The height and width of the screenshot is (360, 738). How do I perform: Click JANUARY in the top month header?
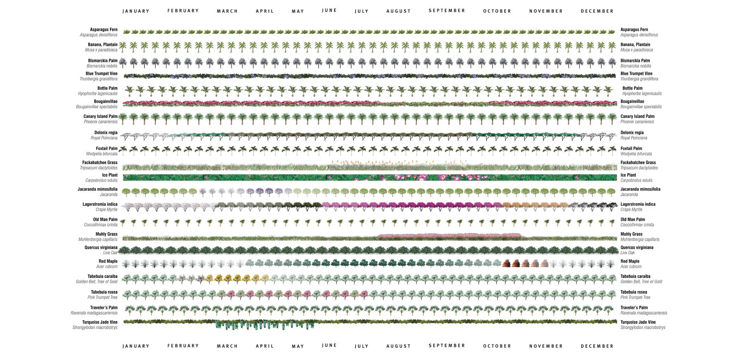pyautogui.click(x=136, y=11)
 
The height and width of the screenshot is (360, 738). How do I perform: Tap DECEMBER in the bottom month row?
pyautogui.click(x=597, y=346)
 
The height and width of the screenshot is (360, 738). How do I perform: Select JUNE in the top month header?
pyautogui.click(x=329, y=10)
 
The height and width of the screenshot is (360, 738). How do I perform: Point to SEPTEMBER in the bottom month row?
pyautogui.click(x=447, y=346)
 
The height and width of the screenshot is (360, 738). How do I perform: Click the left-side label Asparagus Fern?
pyautogui.click(x=103, y=30)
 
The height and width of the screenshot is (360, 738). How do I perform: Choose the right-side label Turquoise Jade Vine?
pyautogui.click(x=638, y=322)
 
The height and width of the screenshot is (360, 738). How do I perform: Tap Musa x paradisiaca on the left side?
pyautogui.click(x=101, y=50)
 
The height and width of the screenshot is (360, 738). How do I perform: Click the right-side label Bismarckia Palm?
pyautogui.click(x=635, y=61)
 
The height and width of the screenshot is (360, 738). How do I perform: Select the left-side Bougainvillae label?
pyautogui.click(x=105, y=102)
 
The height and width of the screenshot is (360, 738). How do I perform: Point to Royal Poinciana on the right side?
pyautogui.click(x=634, y=138)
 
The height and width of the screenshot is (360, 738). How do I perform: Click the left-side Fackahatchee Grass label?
pyautogui.click(x=99, y=163)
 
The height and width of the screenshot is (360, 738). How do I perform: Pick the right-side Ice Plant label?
pyautogui.click(x=628, y=175)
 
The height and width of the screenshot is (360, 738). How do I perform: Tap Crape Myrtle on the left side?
pyautogui.click(x=106, y=210)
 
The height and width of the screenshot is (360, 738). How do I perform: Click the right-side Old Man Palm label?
pyautogui.click(x=632, y=219)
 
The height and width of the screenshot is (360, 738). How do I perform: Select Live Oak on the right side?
pyautogui.click(x=627, y=253)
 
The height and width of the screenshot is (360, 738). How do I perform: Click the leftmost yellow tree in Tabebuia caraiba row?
pyautogui.click(x=210, y=278)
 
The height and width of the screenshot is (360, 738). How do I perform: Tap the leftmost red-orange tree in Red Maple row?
pyautogui.click(x=506, y=263)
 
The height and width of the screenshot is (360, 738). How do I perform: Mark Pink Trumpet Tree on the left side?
pyautogui.click(x=102, y=297)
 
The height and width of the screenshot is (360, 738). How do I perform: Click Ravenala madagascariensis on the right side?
pyautogui.click(x=644, y=313)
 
